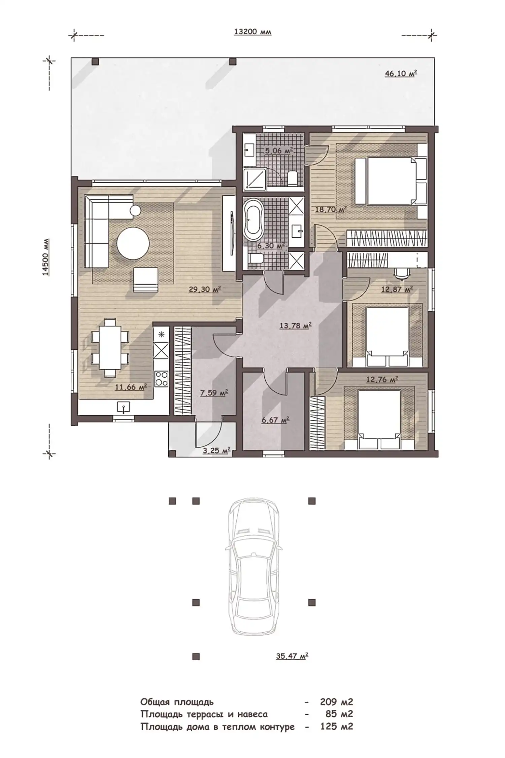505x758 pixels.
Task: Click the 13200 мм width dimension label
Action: [252, 32]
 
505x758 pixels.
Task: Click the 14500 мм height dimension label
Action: [46, 258]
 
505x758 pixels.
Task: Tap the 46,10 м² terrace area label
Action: [401, 73]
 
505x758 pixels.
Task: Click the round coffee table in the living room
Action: [133, 243]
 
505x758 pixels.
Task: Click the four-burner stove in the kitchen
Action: [161, 378]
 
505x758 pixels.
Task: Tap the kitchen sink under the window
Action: [124, 407]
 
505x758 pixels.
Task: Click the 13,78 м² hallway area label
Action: [295, 325]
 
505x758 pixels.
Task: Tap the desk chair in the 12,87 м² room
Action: [401, 274]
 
